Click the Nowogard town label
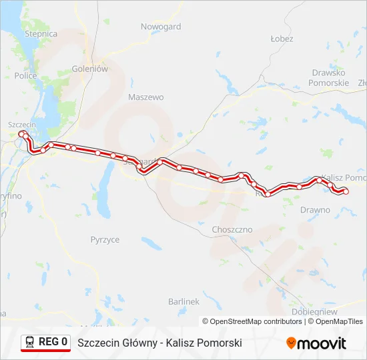tap(161, 27)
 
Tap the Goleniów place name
tap(89, 68)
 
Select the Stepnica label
tap(41, 33)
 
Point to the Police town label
tap(25, 76)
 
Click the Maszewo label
tap(145, 97)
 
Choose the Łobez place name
tap(282, 39)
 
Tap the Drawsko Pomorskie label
tap(328, 77)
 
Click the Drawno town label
tap(315, 210)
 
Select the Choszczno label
tap(232, 229)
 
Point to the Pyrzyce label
tap(105, 239)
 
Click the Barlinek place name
tap(184, 301)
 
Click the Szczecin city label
tap(21, 125)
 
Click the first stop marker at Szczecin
tap(21, 134)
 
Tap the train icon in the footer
tap(30, 343)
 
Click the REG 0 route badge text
tap(53, 343)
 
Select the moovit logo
tap(316, 343)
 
